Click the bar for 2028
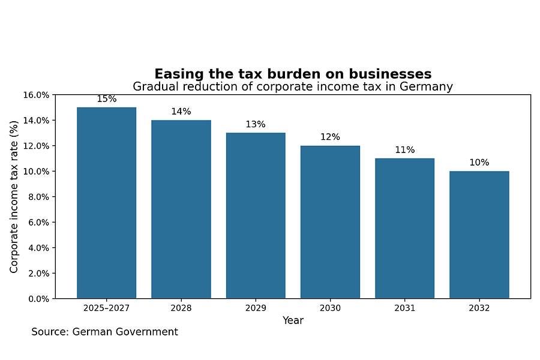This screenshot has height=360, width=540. click(x=181, y=209)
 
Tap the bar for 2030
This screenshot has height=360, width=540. click(x=330, y=222)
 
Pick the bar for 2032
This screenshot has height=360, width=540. click(x=479, y=235)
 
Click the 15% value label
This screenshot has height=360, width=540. click(x=107, y=99)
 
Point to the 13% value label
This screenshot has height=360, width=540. click(x=256, y=124)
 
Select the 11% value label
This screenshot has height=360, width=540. click(x=405, y=150)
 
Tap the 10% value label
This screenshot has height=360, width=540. click(x=479, y=163)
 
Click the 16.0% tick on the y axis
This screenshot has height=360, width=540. click(x=37, y=95)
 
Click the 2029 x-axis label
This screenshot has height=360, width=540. click(x=256, y=308)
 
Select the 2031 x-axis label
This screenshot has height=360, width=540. click(x=405, y=308)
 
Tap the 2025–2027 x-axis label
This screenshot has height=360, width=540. click(x=107, y=308)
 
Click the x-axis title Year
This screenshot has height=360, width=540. click(x=293, y=320)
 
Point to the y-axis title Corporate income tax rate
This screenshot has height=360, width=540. click(x=14, y=196)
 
